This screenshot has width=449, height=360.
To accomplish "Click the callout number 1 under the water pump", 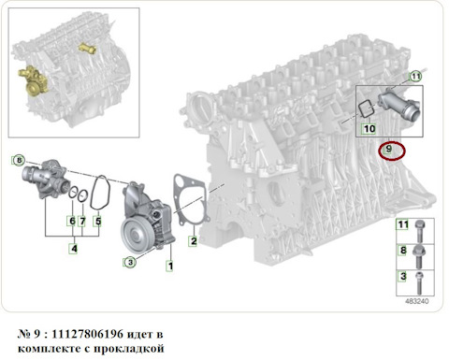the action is pyautogui.click(x=170, y=266).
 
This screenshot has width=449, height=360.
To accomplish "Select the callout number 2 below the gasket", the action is pyautogui.click(x=194, y=241).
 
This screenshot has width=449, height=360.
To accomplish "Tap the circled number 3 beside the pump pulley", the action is pyautogui.click(x=130, y=263).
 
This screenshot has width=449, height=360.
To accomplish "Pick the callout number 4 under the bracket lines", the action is pyautogui.click(x=74, y=249).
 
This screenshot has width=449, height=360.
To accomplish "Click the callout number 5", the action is pyautogui.click(x=98, y=222).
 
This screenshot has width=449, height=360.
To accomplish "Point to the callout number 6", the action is pyautogui.click(x=72, y=222).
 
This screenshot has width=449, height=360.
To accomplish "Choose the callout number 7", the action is pyautogui.click(x=82, y=222).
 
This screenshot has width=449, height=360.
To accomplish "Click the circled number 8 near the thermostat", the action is pyautogui.click(x=19, y=160).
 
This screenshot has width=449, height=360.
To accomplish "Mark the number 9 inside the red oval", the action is pyautogui.click(x=388, y=149).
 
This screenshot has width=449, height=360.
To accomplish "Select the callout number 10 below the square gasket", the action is pyautogui.click(x=369, y=129).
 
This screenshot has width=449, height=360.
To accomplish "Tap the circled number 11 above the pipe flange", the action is pyautogui.click(x=415, y=77).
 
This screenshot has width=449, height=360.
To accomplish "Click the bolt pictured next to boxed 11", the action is pyautogui.click(x=419, y=231).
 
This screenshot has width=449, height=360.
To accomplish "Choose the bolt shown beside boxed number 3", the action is pyautogui.click(x=419, y=282).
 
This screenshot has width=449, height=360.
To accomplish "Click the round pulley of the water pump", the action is pyautogui.click(x=135, y=233).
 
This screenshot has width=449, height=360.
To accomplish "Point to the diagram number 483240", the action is pyautogui.click(x=417, y=301).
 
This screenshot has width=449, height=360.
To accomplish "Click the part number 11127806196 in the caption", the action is pyautogui.click(x=87, y=335).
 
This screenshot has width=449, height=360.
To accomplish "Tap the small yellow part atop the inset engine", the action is pyautogui.click(x=87, y=48).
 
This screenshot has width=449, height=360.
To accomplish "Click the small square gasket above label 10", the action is pyautogui.click(x=366, y=109).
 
